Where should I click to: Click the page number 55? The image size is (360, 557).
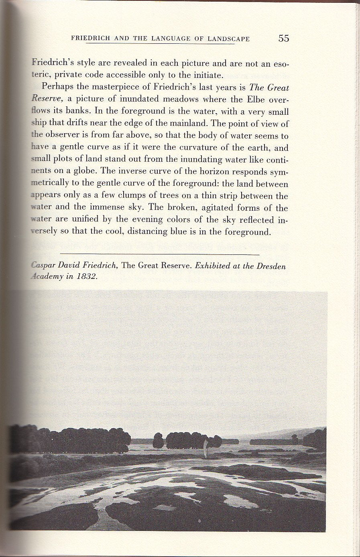click(x=283, y=38)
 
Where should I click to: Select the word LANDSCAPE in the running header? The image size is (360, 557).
click(x=229, y=39)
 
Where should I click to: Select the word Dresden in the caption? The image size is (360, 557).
click(x=271, y=266)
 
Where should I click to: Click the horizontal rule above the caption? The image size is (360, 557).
click(x=159, y=254)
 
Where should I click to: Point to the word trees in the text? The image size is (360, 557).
click(x=187, y=195)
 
